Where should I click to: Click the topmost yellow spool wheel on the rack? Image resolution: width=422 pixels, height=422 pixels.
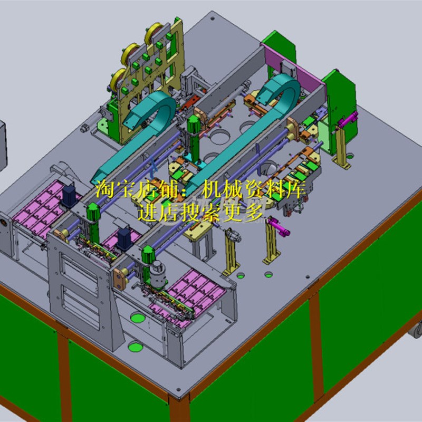[156, 31]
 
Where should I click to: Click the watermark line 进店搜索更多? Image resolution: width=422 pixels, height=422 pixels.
[200, 213]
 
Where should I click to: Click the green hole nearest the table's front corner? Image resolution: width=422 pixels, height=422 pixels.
[136, 347]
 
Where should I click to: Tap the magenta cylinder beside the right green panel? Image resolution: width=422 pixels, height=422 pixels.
[347, 120]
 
